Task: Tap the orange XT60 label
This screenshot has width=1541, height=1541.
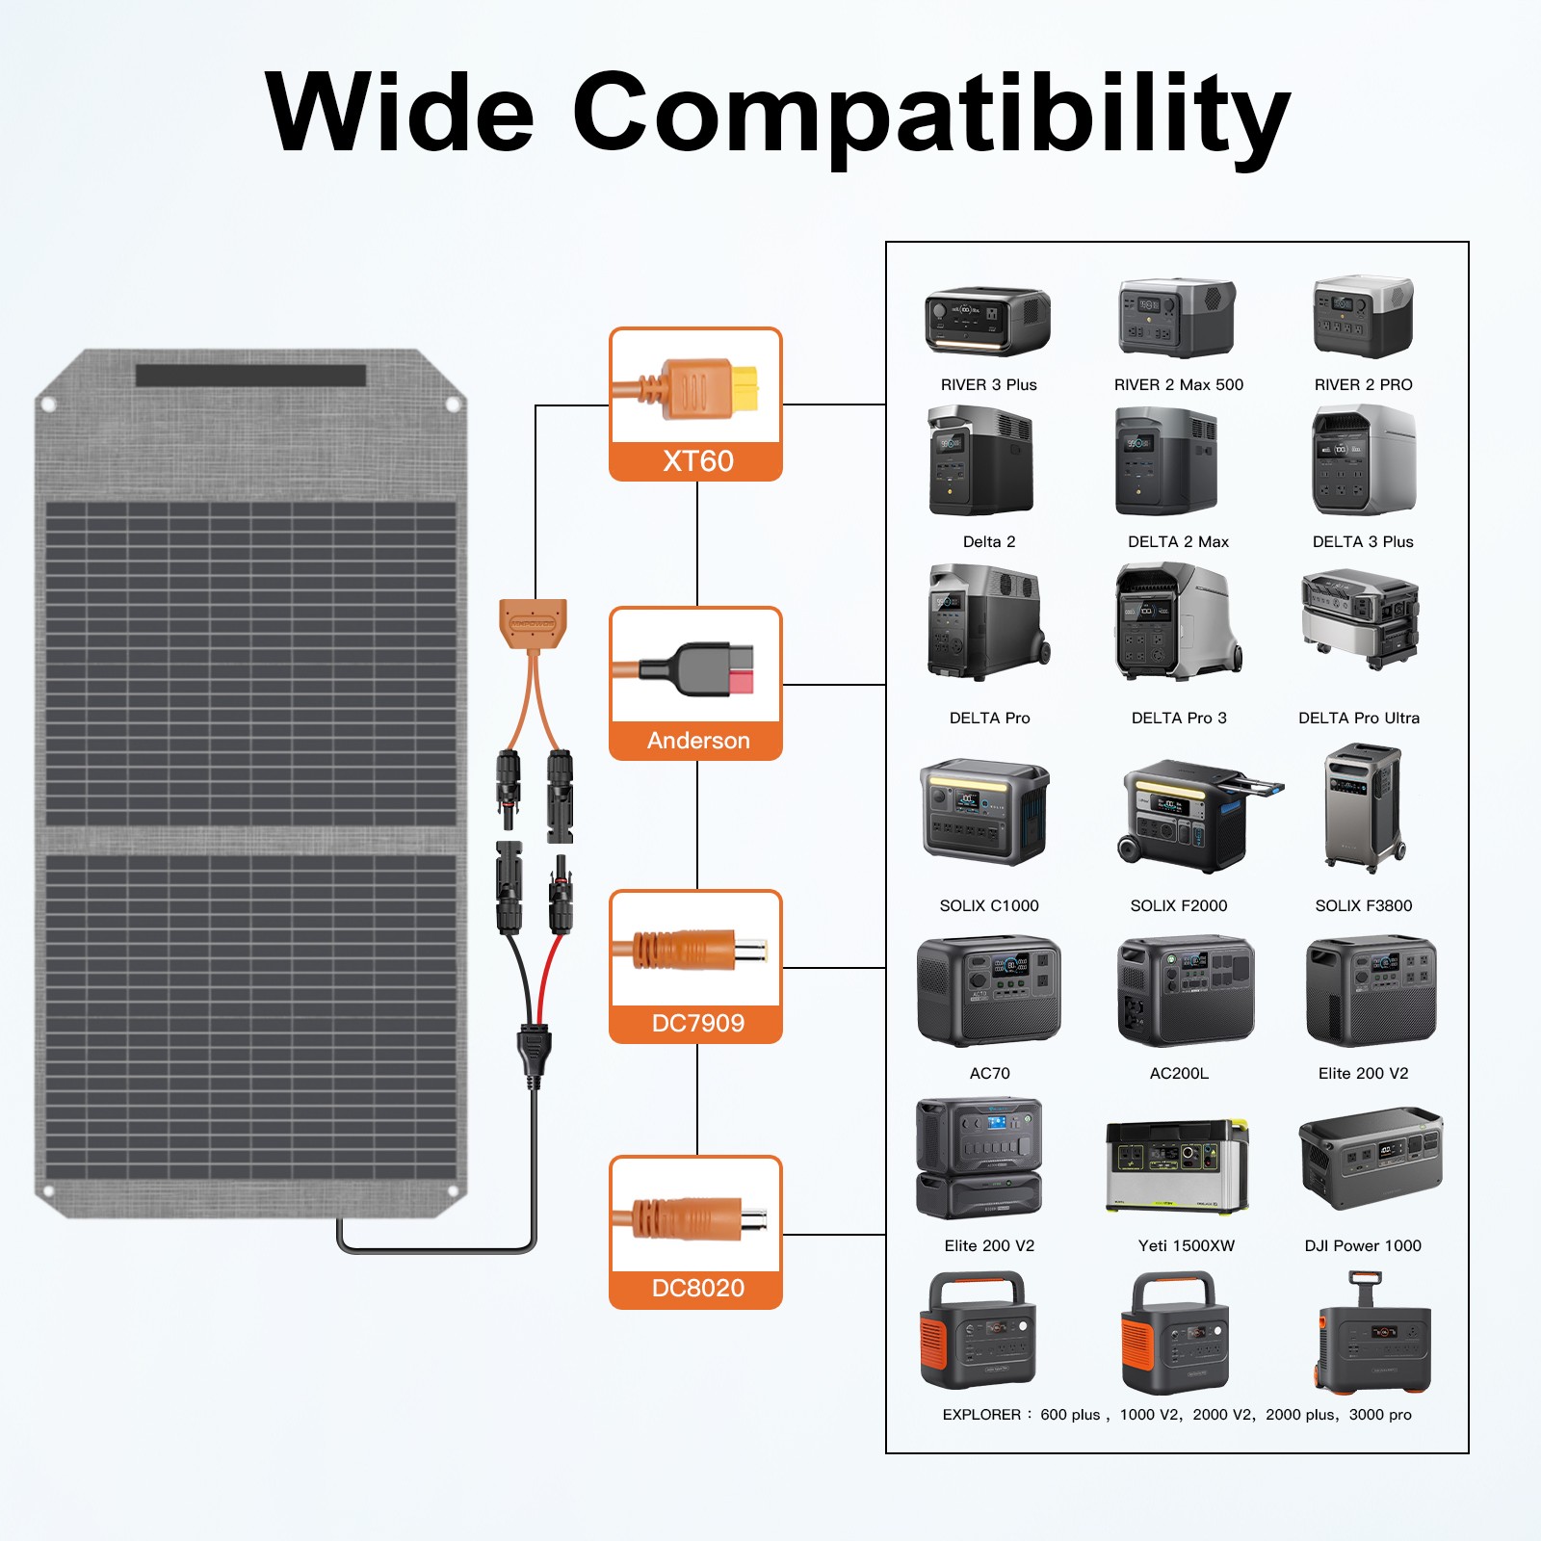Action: [x=697, y=461]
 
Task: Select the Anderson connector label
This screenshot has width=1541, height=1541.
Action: [x=697, y=741]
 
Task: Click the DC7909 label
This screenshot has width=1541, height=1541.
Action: [x=697, y=1023]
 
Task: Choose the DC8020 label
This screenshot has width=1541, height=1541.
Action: [x=697, y=1288]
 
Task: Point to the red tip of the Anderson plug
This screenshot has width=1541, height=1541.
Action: [x=741, y=683]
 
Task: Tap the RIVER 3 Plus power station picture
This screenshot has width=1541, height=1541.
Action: [x=987, y=322]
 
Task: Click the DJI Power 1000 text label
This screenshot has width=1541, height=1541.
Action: [x=1363, y=1245]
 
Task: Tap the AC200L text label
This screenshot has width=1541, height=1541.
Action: [x=1179, y=1073]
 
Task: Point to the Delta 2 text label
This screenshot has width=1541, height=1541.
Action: [x=989, y=541]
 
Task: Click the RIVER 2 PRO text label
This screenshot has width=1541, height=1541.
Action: [x=1363, y=384]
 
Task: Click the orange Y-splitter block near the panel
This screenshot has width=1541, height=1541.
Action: [x=533, y=623]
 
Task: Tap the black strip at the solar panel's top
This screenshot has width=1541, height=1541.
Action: [x=250, y=375]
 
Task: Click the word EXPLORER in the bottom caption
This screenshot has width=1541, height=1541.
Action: [x=981, y=1415]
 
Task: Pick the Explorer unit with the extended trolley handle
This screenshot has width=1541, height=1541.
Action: [x=1371, y=1334]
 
